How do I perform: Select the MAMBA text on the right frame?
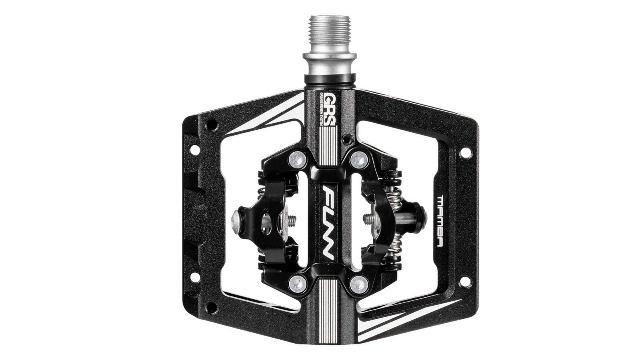point(440,221)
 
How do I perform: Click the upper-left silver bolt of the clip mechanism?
point(297,160)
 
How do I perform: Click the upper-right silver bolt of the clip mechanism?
point(359,160)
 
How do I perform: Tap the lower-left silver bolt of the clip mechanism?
point(297,284)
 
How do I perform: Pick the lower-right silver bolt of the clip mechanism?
point(359,284)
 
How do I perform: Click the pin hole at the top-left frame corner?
point(211,126)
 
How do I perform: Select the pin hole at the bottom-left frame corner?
point(211,307)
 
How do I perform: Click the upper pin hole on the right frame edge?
point(465,153)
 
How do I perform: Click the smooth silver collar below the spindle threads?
point(329,64)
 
